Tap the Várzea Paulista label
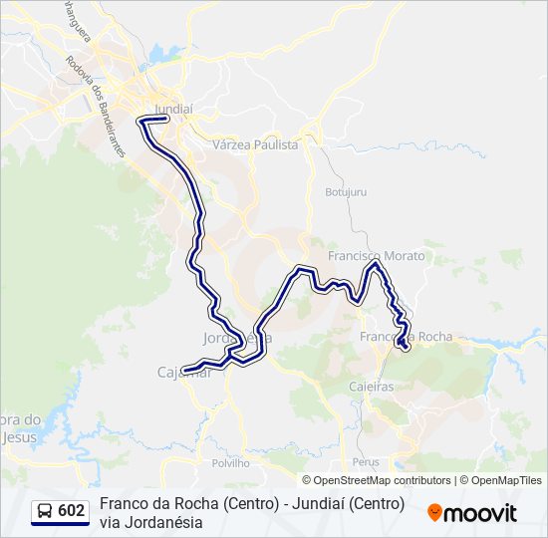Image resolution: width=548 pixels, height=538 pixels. [255, 144]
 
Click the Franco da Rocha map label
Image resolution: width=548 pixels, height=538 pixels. [406, 337]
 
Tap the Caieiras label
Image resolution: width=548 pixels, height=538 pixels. [371, 386]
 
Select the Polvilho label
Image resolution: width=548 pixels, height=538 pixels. [230, 463]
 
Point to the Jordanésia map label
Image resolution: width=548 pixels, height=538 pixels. [237, 338]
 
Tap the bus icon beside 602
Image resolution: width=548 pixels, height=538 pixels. [45, 511]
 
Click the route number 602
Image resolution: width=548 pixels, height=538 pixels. [71, 511]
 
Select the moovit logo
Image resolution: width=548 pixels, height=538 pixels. [472, 512]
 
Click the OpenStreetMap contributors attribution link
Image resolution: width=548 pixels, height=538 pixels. [376, 480]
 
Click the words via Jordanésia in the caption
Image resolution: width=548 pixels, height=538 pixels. [150, 522]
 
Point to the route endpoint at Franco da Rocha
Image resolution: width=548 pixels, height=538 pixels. [404, 347]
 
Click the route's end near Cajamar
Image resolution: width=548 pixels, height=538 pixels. [185, 372]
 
